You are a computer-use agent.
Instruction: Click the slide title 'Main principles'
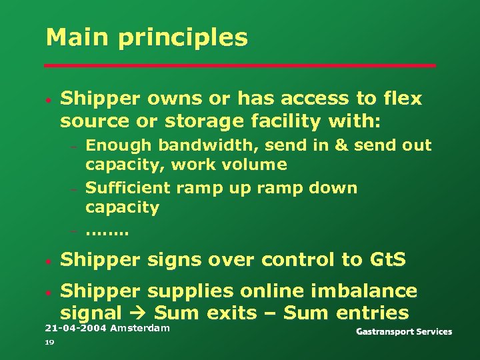[x=147, y=37]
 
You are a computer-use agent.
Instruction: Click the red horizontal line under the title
[x=240, y=65]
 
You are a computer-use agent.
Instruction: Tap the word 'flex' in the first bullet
[x=402, y=99]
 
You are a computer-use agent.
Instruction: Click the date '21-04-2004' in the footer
[x=75, y=329]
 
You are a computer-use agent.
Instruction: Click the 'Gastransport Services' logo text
[x=403, y=331]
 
